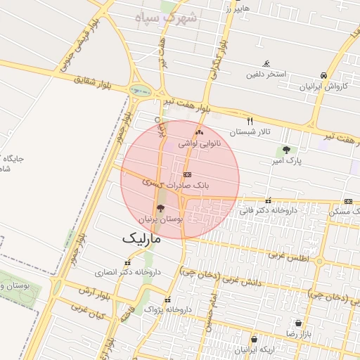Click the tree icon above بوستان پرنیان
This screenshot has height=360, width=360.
(160, 208)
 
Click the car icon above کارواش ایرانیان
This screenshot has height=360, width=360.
(323, 76)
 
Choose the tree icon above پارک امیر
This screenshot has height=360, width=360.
(286, 150)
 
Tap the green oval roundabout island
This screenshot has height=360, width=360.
(140, 89)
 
